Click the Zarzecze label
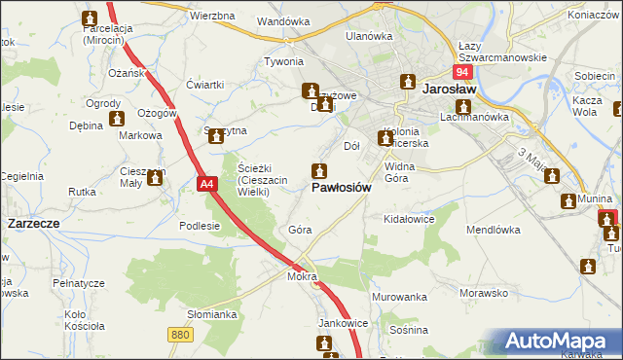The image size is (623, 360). (34, 223)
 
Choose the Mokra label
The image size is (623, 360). (302, 276)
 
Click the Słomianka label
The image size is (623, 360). (213, 314)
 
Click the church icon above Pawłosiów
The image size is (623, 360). (318, 170)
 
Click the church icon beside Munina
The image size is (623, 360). (570, 200)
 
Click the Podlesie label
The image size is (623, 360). (200, 225)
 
